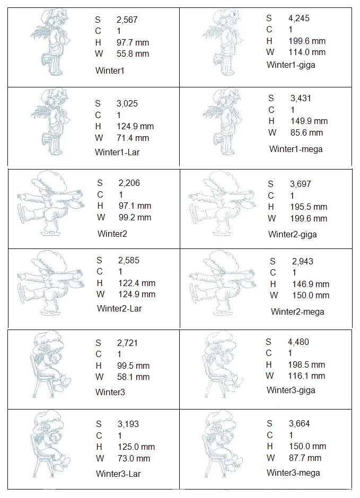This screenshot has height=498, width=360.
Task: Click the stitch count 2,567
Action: (x=127, y=20)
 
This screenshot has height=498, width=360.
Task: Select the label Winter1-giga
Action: (x=291, y=65)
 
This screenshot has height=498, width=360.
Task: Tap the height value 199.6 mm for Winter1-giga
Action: (x=307, y=41)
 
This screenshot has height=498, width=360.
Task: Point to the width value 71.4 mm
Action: (x=133, y=138)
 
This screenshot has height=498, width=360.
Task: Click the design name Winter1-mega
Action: (x=296, y=149)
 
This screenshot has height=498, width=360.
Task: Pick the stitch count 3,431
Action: (x=301, y=98)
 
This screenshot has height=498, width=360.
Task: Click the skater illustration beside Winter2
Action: (x=51, y=203)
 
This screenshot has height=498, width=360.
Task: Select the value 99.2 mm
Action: (x=135, y=218)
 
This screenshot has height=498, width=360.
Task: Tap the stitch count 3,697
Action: (x=300, y=184)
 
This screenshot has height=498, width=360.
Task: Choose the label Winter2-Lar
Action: (x=119, y=308)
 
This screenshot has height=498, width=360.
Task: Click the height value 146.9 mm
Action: (x=311, y=284)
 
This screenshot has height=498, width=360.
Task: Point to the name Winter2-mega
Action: (x=297, y=312)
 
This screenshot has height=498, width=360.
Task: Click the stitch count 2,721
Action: (x=127, y=343)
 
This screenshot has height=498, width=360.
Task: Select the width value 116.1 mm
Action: (x=306, y=376)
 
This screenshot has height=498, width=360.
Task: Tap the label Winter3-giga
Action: (x=291, y=390)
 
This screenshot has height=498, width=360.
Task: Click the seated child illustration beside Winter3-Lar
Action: (x=51, y=443)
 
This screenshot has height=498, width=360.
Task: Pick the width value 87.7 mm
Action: (x=305, y=458)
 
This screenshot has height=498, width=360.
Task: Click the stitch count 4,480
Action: (x=298, y=342)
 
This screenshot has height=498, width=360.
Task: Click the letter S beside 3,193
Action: (x=99, y=424)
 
